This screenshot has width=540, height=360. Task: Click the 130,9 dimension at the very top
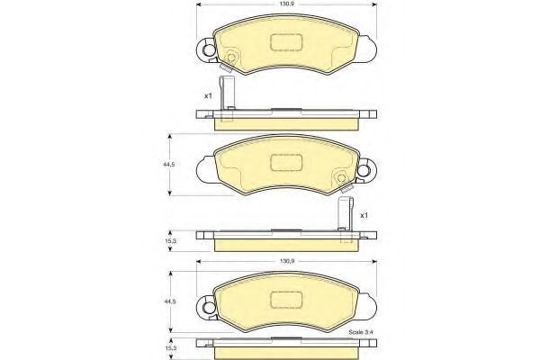[x=287, y=4]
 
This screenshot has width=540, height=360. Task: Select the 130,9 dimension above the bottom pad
[x=287, y=262]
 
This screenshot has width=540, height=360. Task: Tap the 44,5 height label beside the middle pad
[x=169, y=165]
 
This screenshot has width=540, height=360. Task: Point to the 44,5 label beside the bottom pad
[x=169, y=301]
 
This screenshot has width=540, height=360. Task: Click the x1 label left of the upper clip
[x=208, y=95]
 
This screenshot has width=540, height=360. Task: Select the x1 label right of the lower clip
[x=364, y=215]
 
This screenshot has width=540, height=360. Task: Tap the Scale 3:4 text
[x=361, y=332]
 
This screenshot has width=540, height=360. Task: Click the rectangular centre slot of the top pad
[x=286, y=42]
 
